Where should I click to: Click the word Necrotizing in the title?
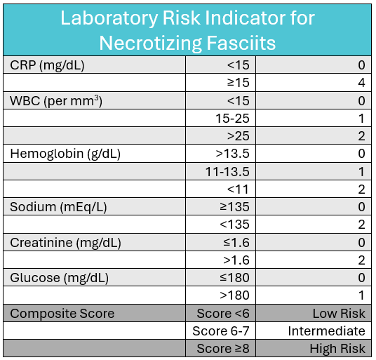pyautogui.click(x=151, y=44)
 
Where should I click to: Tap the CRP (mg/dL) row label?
pyautogui.click(x=47, y=65)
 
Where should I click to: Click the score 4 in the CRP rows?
pyautogui.click(x=361, y=83)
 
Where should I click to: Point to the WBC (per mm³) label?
pyautogui.click(x=56, y=101)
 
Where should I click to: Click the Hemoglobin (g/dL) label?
pyautogui.click(x=65, y=154)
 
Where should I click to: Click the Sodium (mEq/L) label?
pyautogui.click(x=58, y=207)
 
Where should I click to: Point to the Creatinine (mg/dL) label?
pyautogui.click(x=65, y=243)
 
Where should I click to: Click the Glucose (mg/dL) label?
pyautogui.click(x=59, y=278)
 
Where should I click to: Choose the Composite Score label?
pyautogui.click(x=62, y=314)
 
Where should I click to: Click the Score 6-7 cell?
pyautogui.click(x=221, y=331)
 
